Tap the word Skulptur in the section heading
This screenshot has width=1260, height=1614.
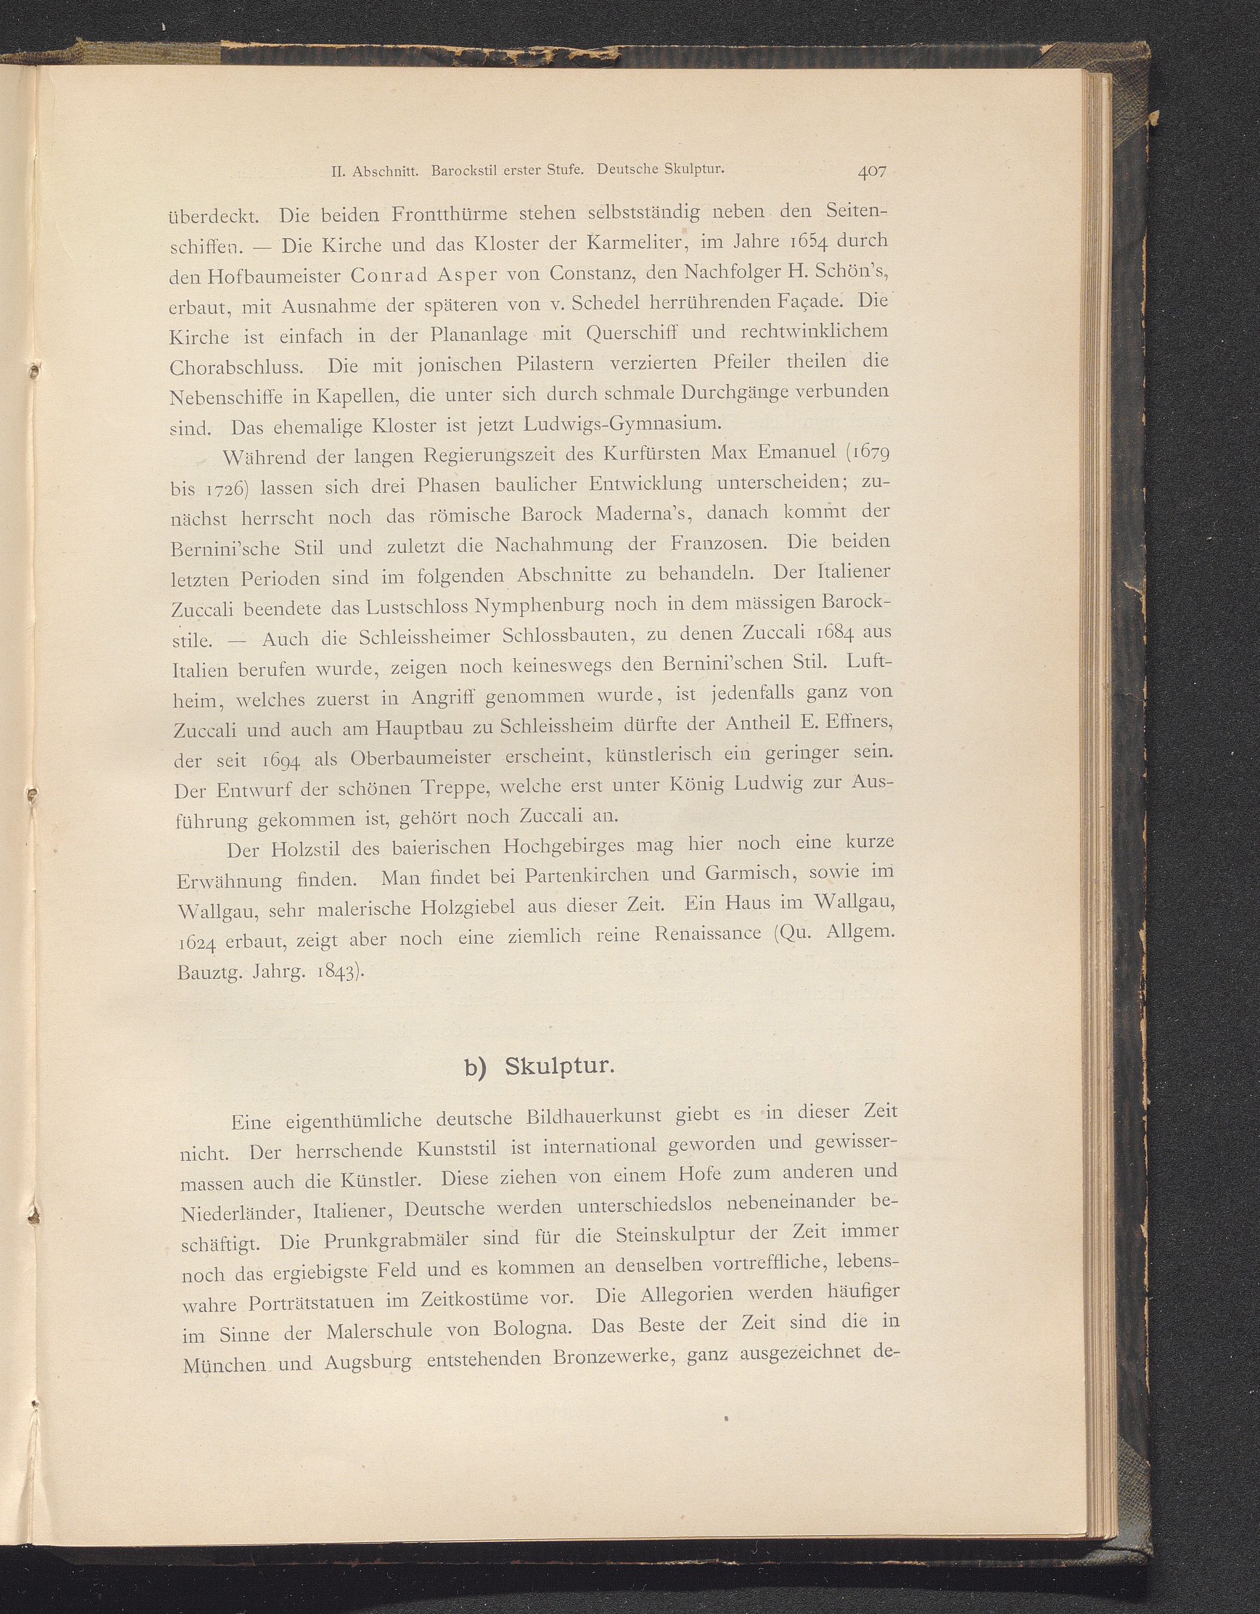(559, 1067)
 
